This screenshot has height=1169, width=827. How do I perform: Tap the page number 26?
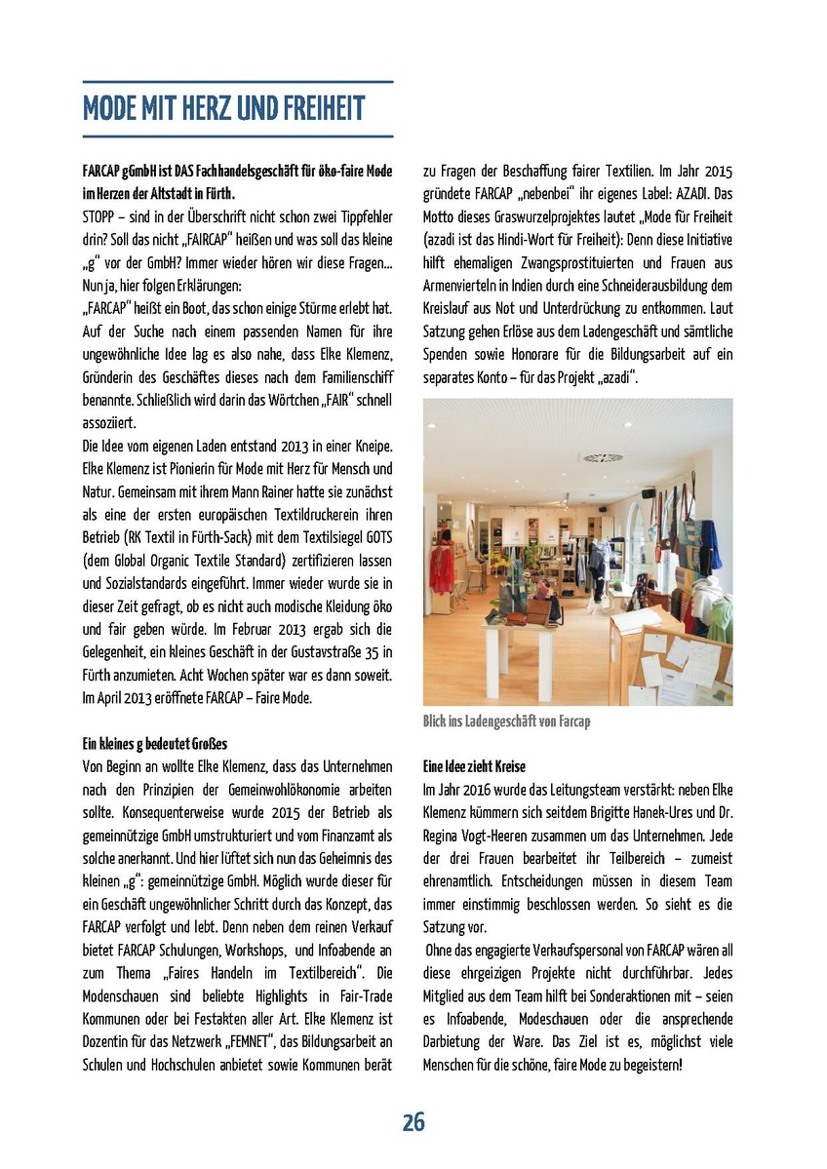(x=413, y=1122)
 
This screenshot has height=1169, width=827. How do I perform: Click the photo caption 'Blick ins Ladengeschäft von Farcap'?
(x=506, y=721)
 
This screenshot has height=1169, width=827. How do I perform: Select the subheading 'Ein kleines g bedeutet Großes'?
(x=155, y=744)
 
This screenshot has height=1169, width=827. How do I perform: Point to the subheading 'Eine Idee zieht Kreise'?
(x=474, y=766)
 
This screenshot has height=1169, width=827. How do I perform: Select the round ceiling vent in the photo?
(x=603, y=456)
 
